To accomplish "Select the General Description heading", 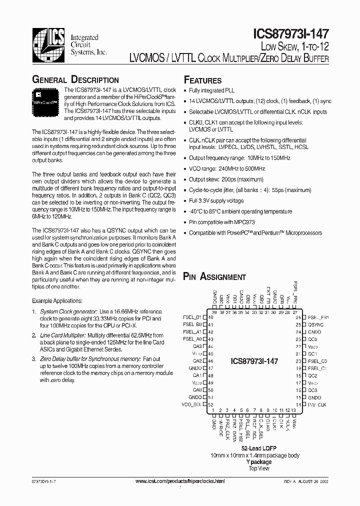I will tap(75, 80).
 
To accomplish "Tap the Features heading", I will tap(202, 80).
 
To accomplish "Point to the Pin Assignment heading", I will tap(214, 276).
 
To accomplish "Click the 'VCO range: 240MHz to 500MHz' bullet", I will tap(227, 169).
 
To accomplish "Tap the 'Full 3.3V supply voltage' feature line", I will tap(216, 200).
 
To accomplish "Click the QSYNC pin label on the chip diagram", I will tap(315, 324).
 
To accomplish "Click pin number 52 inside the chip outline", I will tap(211, 404).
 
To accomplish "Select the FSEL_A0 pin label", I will tap(192, 338).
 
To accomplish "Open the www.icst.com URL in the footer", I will tap(180, 480).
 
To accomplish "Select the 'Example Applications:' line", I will tap(57, 301).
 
